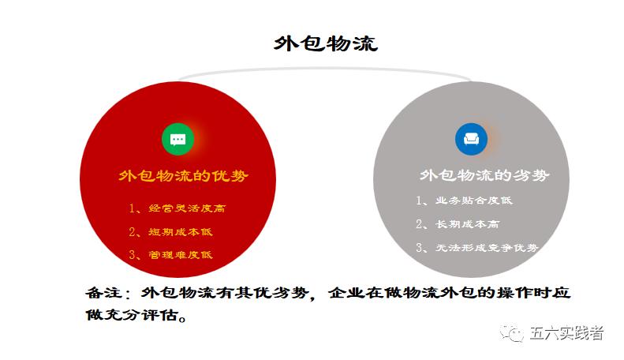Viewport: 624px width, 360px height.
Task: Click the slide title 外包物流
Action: (326, 43)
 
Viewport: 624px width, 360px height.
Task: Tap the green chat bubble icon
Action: (178, 139)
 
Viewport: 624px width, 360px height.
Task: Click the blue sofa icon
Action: (471, 139)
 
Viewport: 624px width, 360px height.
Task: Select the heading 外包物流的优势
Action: (178, 175)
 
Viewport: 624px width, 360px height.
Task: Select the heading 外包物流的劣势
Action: (484, 175)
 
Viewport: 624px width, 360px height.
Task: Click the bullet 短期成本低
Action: (181, 232)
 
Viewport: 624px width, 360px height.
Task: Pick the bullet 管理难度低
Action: (181, 255)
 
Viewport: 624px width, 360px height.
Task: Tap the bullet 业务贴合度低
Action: (474, 201)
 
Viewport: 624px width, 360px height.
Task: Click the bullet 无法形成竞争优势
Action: (487, 248)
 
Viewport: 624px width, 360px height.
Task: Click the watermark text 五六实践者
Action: (567, 333)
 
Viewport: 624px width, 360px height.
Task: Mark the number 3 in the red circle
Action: (133, 255)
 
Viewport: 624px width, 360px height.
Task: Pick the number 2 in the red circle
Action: (133, 232)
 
